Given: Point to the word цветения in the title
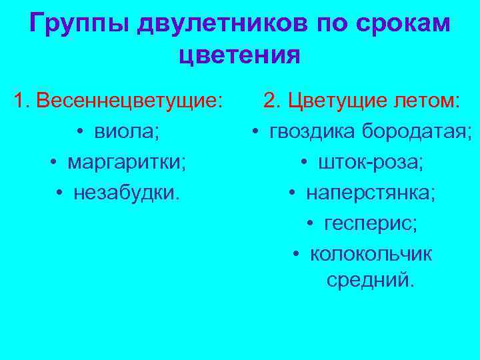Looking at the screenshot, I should tap(239, 55).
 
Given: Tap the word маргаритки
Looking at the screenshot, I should tap(127, 162).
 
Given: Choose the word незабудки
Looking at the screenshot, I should tap(127, 192).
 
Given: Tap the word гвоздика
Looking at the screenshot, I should tap(313, 131).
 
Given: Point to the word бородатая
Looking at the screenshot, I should tap(417, 131).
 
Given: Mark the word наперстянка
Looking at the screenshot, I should tap(371, 193).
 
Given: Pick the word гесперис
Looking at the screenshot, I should tap(371, 223).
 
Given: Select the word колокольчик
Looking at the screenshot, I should tap(371, 254).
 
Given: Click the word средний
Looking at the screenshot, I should tap(370, 281).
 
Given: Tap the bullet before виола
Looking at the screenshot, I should tap(79, 132).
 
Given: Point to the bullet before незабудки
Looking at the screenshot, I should tap(60, 193).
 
